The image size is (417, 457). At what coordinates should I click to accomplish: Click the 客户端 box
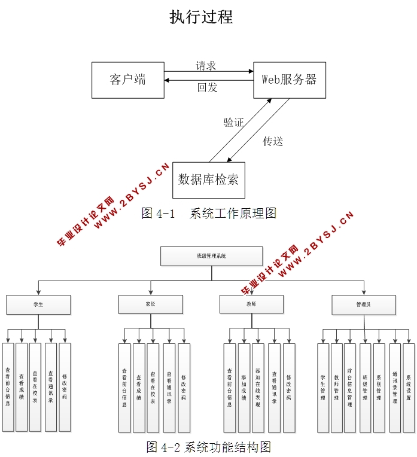[127, 80]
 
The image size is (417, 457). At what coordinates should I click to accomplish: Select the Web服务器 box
[290, 80]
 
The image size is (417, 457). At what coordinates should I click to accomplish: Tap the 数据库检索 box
[208, 179]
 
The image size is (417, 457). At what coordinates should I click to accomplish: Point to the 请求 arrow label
[206, 66]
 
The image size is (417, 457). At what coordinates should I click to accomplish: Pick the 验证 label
[233, 123]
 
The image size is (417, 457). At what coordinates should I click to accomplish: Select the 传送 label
[273, 142]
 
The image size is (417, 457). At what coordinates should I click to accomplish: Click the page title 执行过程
[201, 17]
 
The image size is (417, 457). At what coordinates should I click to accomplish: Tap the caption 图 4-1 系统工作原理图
[208, 213]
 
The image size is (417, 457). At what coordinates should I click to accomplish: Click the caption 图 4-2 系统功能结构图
[209, 447]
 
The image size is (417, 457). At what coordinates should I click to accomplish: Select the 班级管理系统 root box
[211, 256]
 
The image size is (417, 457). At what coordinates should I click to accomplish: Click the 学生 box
[38, 304]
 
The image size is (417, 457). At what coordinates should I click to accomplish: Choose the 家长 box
[150, 304]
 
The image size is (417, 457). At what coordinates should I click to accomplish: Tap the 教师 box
[251, 304]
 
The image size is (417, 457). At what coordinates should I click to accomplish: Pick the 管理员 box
[363, 304]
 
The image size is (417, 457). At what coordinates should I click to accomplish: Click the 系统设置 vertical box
[409, 388]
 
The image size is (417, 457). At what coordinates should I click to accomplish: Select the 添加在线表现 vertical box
[258, 388]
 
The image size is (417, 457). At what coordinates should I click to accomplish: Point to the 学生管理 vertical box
[323, 388]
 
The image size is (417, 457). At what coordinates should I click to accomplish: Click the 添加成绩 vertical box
[244, 388]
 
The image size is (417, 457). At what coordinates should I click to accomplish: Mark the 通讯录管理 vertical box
[395, 388]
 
